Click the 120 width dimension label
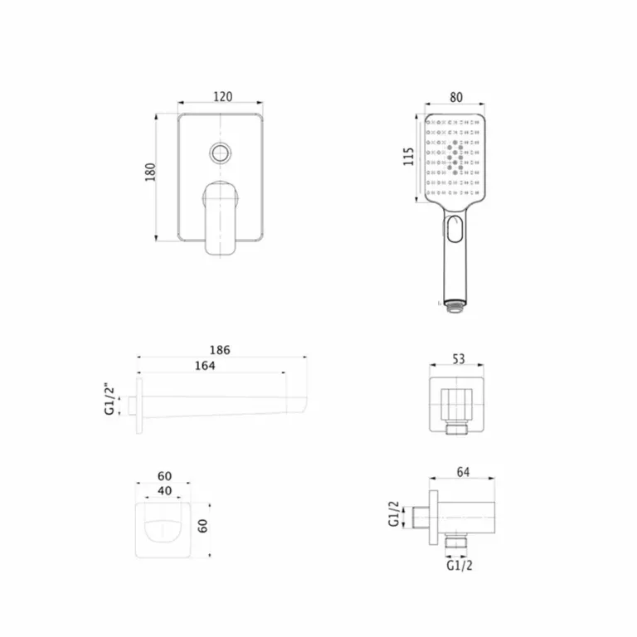pyautogui.click(x=222, y=97)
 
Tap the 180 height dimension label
pyautogui.click(x=150, y=172)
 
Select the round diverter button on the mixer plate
pyautogui.click(x=220, y=153)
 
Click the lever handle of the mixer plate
pyautogui.click(x=220, y=218)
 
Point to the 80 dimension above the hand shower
pyautogui.click(x=456, y=98)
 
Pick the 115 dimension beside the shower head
pyautogui.click(x=408, y=157)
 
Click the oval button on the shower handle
pyautogui.click(x=455, y=229)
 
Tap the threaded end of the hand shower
pyautogui.click(x=455, y=306)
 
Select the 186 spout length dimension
pyautogui.click(x=220, y=350)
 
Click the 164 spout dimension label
pyautogui.click(x=205, y=366)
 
